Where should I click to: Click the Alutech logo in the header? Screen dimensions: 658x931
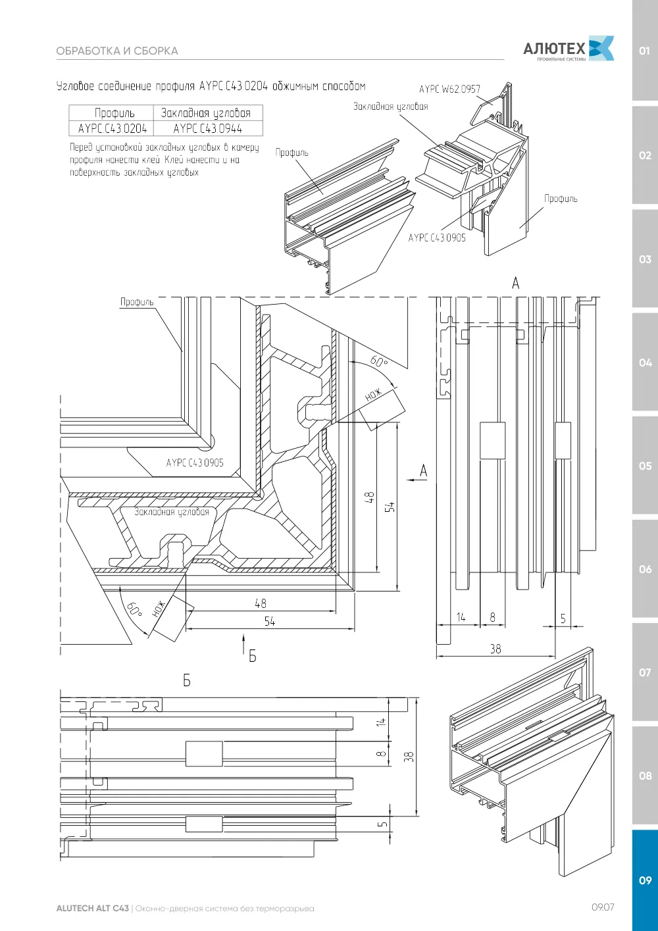point(568,49)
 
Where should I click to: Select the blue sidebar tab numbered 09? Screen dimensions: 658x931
point(645,880)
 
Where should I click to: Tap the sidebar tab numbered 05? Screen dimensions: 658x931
point(645,466)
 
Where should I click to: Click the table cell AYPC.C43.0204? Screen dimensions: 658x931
point(113,128)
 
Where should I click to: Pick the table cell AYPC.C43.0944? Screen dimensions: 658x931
point(207,128)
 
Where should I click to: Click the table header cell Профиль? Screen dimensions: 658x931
point(114,113)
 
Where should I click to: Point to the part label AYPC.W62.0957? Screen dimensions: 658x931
point(449,89)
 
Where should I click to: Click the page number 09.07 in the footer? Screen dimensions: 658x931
point(603,907)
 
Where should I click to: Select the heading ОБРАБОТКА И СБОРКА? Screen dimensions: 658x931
point(117,51)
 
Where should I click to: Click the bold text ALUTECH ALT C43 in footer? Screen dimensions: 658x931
point(93,908)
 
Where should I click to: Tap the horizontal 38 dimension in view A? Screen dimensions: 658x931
point(495,649)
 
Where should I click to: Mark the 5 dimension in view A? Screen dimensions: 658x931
point(563,618)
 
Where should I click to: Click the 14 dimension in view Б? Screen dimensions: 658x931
point(381,722)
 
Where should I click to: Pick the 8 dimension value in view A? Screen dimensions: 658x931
point(493,617)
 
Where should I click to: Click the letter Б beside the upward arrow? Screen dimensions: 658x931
point(252,656)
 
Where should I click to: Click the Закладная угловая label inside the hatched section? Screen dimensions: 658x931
point(171,512)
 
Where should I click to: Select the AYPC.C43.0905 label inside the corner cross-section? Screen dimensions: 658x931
point(195,463)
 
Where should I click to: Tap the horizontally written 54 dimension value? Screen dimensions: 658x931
point(270,621)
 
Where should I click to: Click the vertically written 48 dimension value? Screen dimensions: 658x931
point(369,497)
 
